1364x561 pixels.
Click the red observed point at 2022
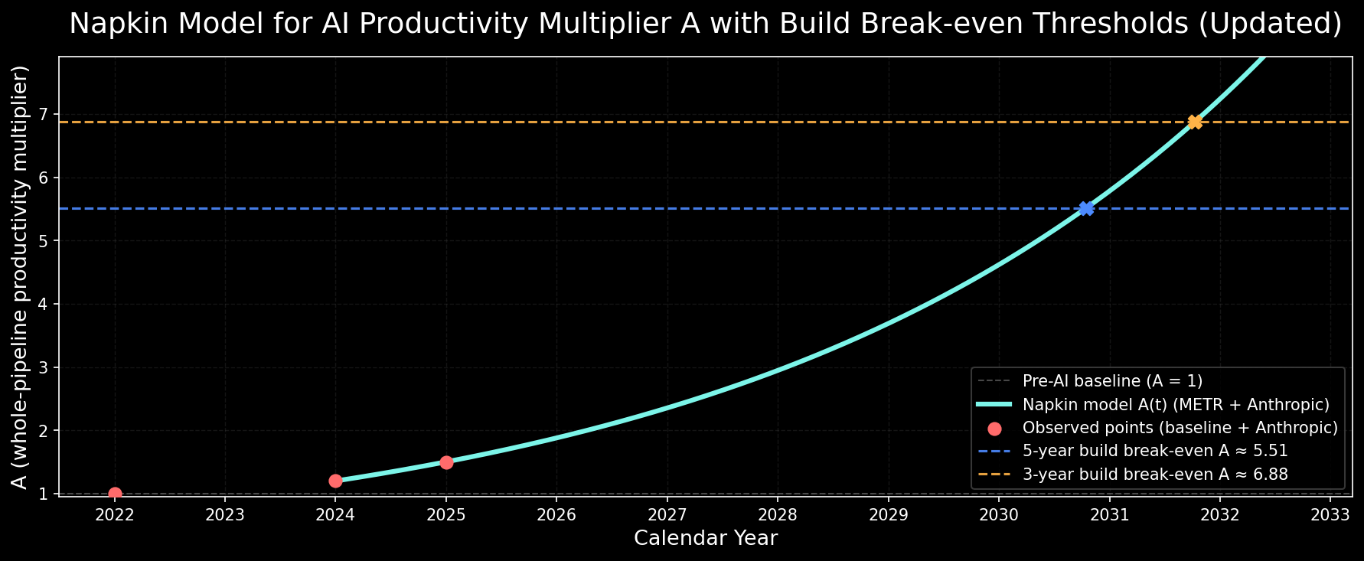point(115,494)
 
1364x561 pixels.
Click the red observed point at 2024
point(335,481)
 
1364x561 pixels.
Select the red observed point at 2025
point(446,462)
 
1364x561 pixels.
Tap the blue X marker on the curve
point(1085,208)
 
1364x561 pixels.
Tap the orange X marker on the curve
point(1195,122)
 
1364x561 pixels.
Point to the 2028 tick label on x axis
point(778,514)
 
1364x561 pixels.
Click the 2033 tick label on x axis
point(1330,514)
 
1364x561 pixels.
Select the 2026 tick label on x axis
point(556,514)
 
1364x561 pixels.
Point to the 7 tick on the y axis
point(44,115)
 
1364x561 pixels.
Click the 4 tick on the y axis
point(44,305)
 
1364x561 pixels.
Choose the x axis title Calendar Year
point(706,538)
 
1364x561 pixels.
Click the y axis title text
point(21,276)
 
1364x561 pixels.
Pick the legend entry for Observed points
point(1180,428)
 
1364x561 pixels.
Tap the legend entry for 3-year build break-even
point(1155,475)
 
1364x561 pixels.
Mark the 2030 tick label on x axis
point(999,514)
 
